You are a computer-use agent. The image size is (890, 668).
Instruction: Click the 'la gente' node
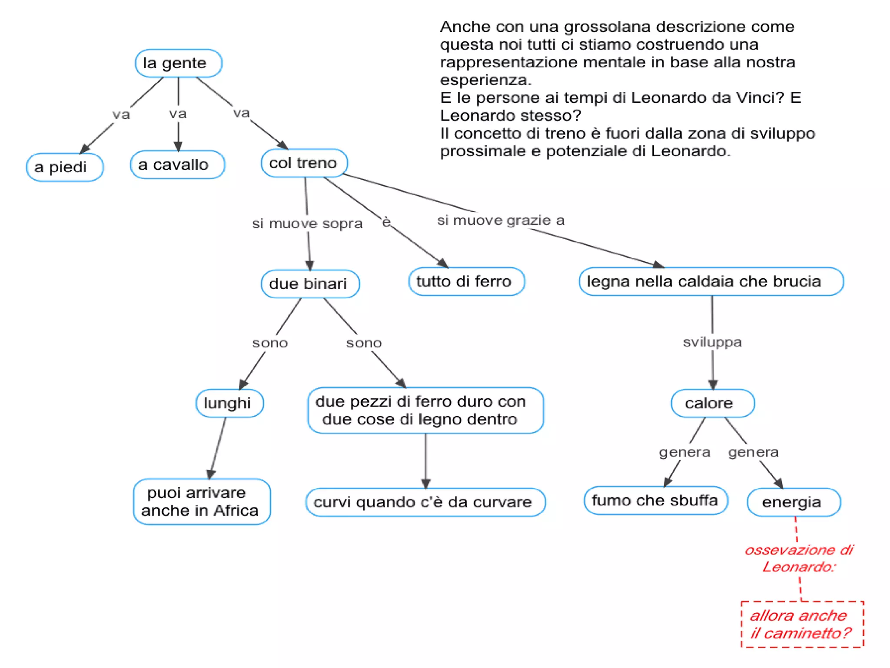(178, 63)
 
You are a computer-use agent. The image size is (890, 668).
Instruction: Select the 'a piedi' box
(65, 167)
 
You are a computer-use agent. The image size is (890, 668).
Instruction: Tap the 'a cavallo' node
(177, 165)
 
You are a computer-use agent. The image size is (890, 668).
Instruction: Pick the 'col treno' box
(304, 163)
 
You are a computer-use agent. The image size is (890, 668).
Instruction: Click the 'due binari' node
(310, 284)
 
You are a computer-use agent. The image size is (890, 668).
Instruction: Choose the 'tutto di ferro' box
(466, 281)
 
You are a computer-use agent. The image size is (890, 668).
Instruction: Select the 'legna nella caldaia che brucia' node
(711, 281)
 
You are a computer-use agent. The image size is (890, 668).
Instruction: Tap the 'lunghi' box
(229, 403)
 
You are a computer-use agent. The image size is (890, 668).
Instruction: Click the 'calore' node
(713, 403)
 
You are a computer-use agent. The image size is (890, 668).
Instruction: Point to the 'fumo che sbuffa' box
(655, 501)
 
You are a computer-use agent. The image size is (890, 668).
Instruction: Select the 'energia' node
(794, 502)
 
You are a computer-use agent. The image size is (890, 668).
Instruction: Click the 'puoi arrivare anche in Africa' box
(202, 501)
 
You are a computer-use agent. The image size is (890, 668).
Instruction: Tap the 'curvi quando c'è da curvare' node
(425, 502)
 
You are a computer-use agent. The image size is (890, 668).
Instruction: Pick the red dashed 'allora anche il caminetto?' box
(802, 624)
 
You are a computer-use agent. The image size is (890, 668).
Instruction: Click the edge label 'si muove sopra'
(307, 224)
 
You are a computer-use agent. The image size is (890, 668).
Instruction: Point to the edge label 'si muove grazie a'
(501, 220)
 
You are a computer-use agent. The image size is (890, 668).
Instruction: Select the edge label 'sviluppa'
(712, 342)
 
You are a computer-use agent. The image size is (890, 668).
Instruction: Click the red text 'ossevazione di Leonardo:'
(799, 558)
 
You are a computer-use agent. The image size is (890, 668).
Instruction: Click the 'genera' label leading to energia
(754, 452)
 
